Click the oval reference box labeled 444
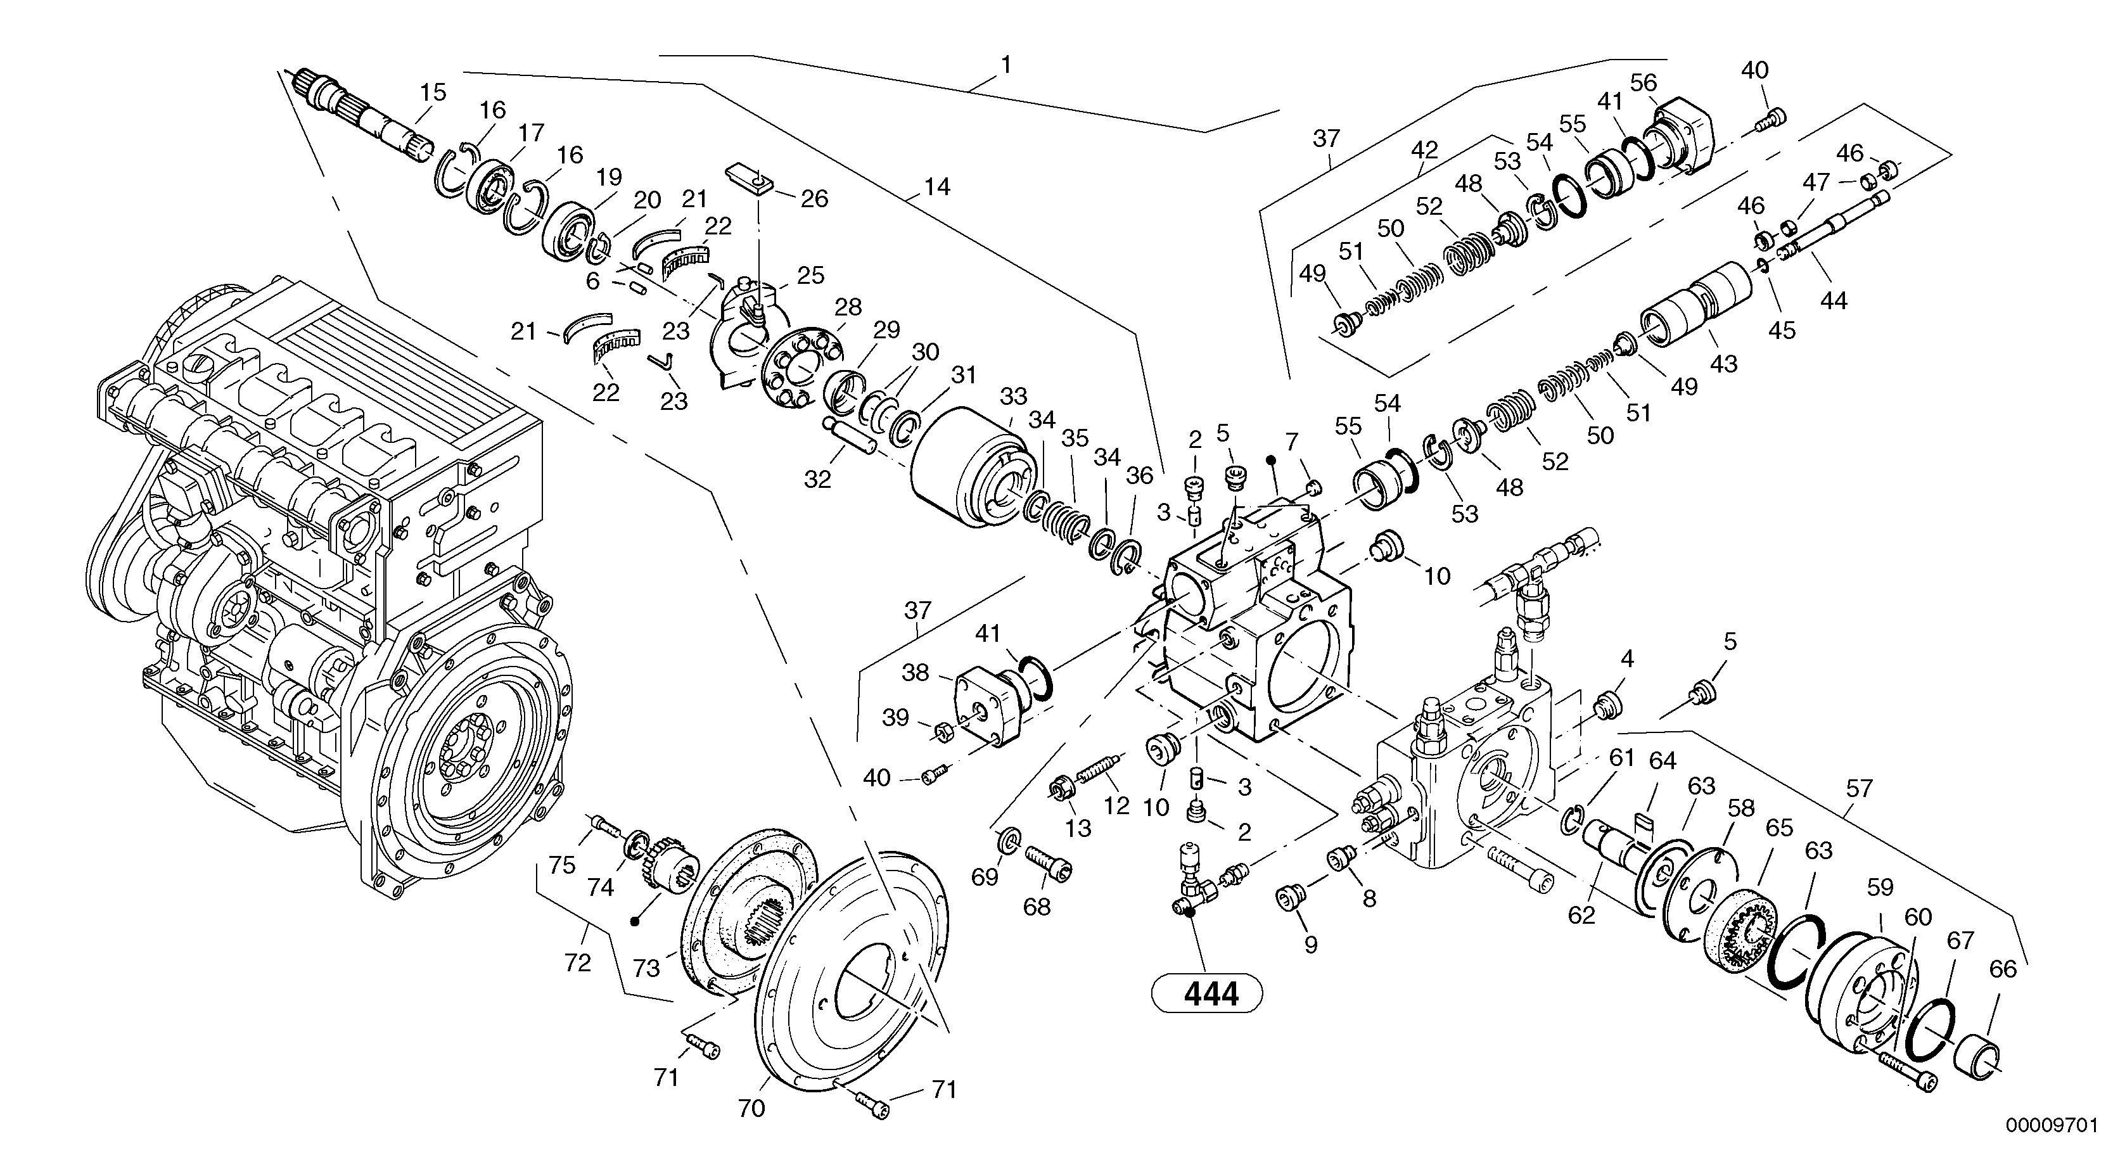pos(1206,994)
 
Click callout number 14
pos(936,188)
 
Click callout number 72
pos(577,962)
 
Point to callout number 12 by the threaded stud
pos(1116,805)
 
